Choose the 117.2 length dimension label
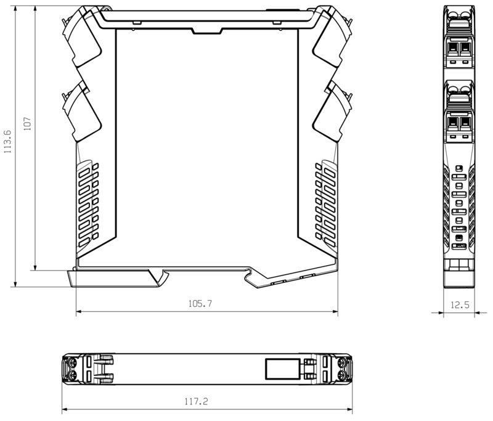(196, 401)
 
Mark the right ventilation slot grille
(324, 200)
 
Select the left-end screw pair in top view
(71, 369)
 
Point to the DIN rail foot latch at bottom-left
(117, 279)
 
